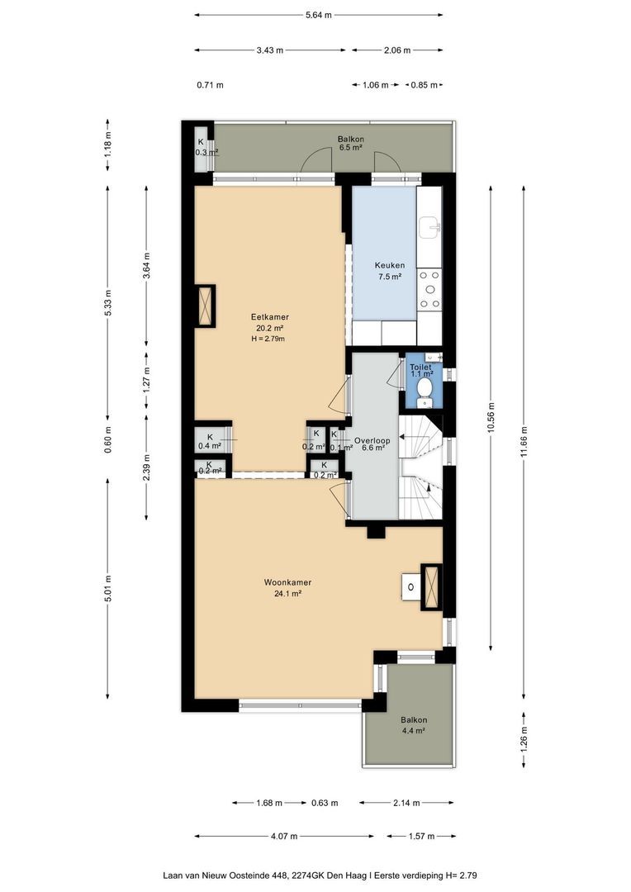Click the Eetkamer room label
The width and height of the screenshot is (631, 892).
(270, 317)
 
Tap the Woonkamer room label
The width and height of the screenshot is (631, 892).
(287, 582)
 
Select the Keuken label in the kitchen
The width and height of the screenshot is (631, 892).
(390, 265)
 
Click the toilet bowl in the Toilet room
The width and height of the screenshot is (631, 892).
(424, 388)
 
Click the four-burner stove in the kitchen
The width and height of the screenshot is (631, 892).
(429, 290)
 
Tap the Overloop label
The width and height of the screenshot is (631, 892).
(372, 440)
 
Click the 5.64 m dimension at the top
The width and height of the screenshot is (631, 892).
(319, 15)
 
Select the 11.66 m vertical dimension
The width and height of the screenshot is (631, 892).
(524, 443)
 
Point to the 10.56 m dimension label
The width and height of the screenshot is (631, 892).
(491, 418)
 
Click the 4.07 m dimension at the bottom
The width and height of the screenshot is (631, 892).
(284, 836)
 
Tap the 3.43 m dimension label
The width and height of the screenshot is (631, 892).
(270, 50)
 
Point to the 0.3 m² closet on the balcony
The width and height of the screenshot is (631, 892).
(202, 147)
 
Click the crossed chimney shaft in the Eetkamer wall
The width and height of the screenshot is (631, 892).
(205, 306)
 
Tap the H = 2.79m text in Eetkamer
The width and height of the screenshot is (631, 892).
(268, 339)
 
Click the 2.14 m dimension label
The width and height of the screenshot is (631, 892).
(406, 804)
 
